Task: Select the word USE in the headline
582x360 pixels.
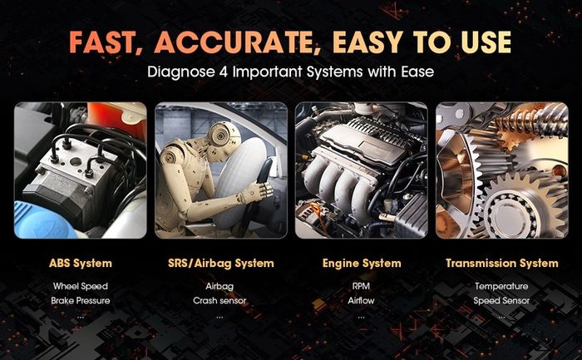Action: [486, 42]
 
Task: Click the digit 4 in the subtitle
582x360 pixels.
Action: [224, 72]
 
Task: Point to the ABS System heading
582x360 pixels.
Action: [81, 263]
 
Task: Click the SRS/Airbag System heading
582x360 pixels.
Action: [221, 263]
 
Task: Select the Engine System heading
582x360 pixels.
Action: [362, 263]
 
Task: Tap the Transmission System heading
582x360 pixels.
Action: [502, 263]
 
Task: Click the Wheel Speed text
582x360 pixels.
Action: [81, 286]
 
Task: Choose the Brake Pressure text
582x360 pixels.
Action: [81, 301]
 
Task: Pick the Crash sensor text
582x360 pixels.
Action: [219, 301]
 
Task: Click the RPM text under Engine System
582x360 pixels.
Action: [361, 286]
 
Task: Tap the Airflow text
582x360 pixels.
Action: [361, 301]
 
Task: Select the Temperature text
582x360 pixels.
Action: [501, 286]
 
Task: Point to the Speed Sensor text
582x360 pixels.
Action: [501, 301]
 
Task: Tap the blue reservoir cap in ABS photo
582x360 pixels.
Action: [42, 220]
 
